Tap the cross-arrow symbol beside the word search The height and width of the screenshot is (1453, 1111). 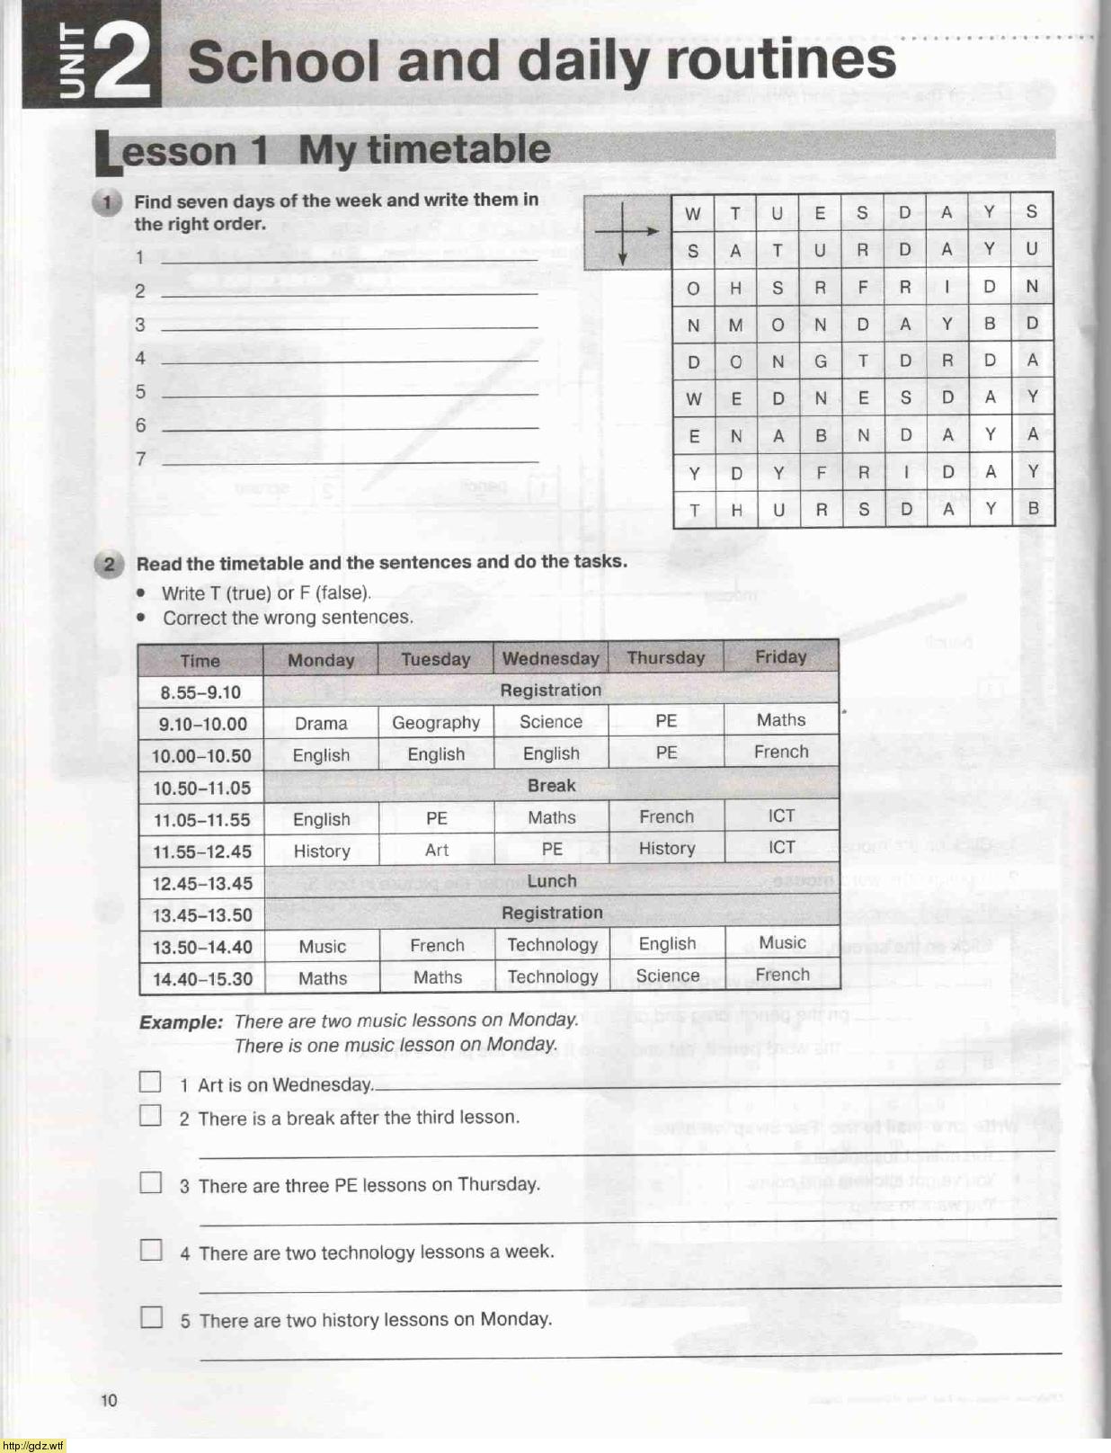(624, 232)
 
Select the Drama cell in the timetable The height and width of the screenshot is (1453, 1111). (321, 723)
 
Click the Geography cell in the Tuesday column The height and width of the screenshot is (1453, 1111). (436, 723)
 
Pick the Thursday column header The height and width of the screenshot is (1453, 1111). (665, 658)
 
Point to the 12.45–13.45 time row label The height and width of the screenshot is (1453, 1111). (201, 883)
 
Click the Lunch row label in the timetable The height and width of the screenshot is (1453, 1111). (552, 881)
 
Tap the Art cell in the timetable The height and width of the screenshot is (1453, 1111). (437, 850)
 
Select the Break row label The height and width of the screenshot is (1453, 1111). (551, 786)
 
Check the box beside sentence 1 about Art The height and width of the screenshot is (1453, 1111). (150, 1082)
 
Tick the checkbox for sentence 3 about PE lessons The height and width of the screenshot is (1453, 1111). (151, 1182)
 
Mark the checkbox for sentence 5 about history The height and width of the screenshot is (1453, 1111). (152, 1317)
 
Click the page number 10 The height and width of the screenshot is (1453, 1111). (109, 1400)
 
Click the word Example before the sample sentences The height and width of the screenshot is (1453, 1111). (181, 1022)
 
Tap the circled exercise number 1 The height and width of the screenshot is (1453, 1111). (107, 202)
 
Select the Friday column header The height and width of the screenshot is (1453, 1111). (780, 657)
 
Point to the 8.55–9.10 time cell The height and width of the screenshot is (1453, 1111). (200, 692)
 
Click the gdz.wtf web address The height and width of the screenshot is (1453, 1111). (33, 1446)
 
